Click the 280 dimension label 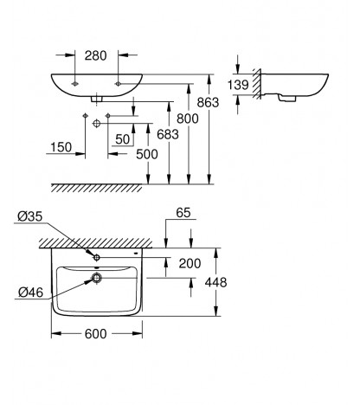tap(95, 55)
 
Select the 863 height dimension tap(208, 102)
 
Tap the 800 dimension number tap(188, 119)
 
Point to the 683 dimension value tap(168, 134)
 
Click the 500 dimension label tap(147, 154)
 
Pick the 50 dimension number tap(123, 139)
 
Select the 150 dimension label tap(61, 147)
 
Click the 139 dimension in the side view tap(238, 85)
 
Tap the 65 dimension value tap(183, 213)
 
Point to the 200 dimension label tap(190, 263)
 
